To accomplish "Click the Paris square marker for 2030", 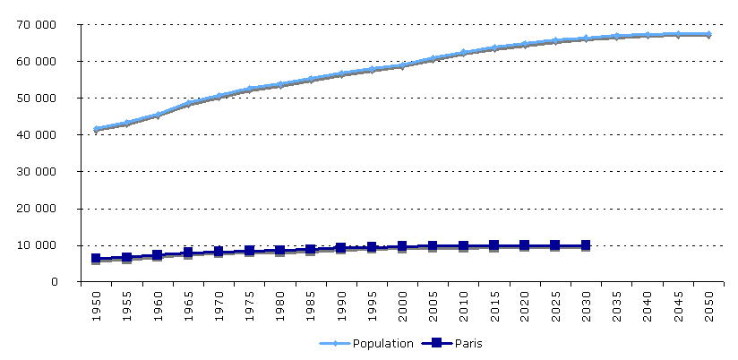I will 586,245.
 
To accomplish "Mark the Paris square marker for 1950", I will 96,259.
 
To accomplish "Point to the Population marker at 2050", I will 708,34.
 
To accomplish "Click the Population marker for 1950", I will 96,129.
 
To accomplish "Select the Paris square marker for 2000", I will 402,246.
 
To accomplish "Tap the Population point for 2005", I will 433,58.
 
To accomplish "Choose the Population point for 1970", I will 219,95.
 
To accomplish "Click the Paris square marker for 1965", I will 188,253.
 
